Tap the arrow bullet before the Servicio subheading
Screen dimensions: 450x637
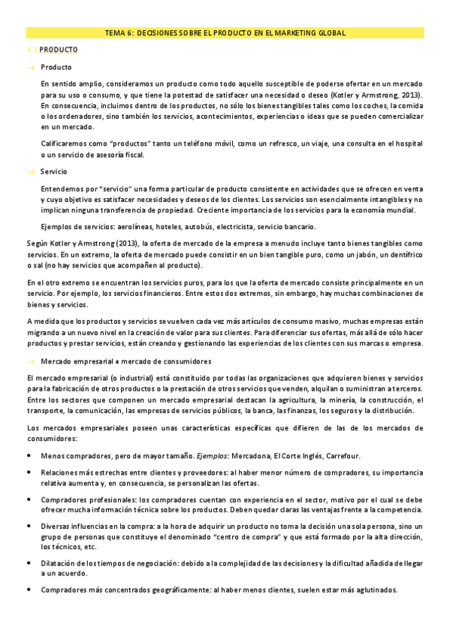click(x=31, y=172)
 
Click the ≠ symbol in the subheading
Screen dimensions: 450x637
click(x=110, y=361)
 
